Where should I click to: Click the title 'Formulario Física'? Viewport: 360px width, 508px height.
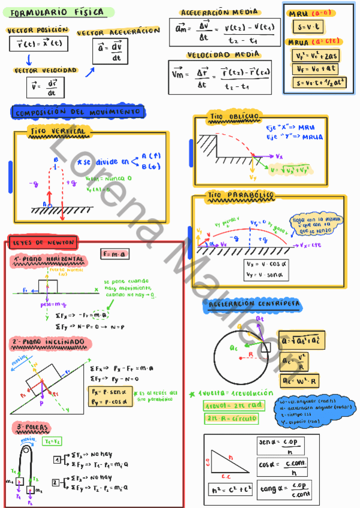(57, 11)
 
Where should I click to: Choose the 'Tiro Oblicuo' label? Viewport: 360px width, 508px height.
(234, 116)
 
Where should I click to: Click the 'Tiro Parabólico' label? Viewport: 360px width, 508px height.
(241, 195)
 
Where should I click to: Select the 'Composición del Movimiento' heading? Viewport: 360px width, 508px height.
(78, 112)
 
